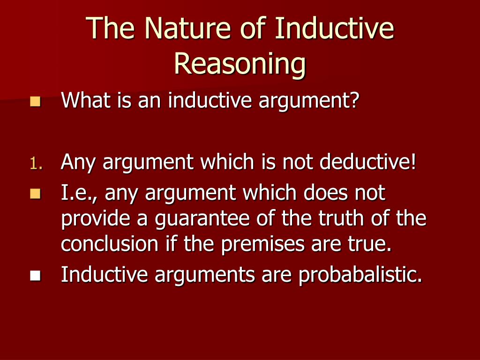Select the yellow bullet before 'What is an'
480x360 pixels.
tap(35, 101)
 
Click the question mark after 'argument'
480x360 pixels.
tap(354, 100)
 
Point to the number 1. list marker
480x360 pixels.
tap(37, 164)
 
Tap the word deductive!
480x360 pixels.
tap(367, 163)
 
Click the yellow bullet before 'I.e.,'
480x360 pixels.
tap(35, 194)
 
